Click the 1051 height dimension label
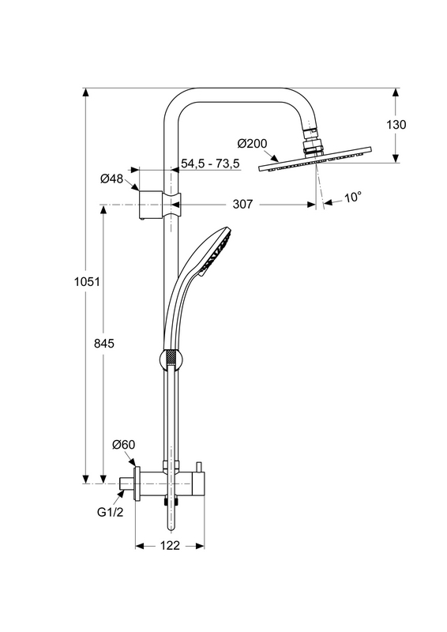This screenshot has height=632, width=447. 87,281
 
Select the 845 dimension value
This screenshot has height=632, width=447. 104,344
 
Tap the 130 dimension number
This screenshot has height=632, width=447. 396,125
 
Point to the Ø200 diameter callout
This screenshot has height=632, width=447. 252,143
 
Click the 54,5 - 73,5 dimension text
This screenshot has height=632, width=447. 210,164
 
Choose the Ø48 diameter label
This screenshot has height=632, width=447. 111,179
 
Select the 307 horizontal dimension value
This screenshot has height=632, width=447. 242,205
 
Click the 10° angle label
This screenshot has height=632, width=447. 353,197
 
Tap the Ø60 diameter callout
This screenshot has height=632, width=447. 124,445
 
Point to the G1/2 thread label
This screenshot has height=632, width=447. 110,512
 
